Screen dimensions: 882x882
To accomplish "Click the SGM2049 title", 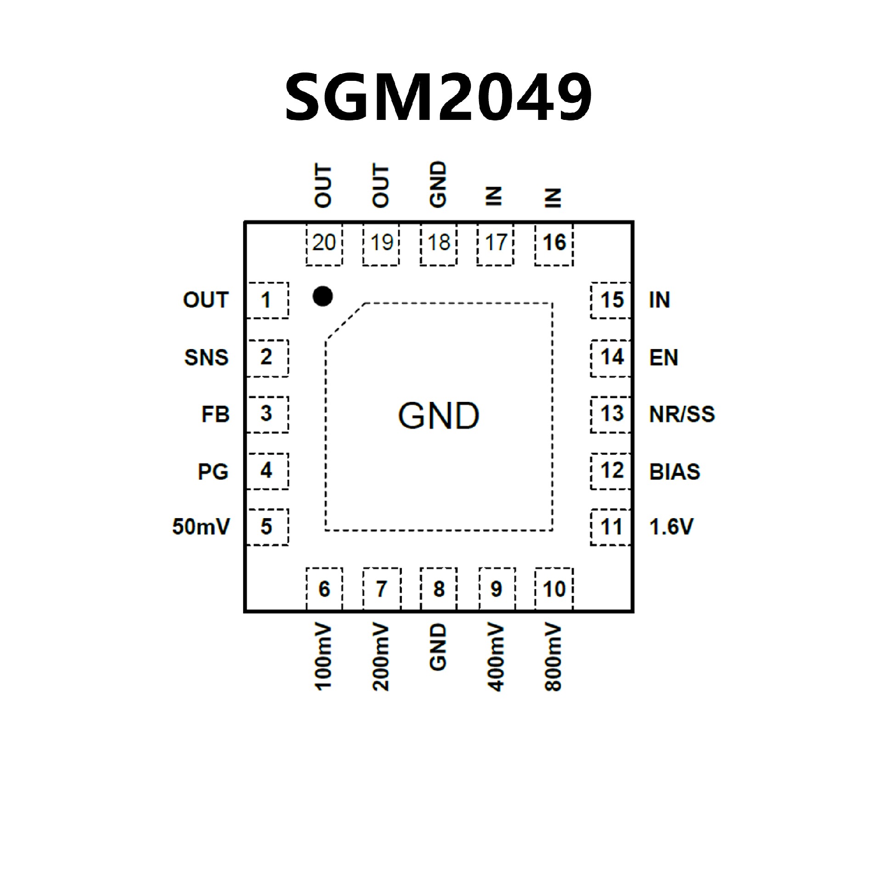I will click(x=439, y=97).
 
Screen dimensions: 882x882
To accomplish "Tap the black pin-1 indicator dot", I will click(x=322, y=296).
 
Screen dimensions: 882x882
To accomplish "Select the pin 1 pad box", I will click(x=267, y=300).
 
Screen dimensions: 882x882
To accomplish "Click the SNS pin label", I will click(x=206, y=357).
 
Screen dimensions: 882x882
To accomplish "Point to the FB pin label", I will click(x=215, y=414).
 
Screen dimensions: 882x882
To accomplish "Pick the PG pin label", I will click(x=213, y=471).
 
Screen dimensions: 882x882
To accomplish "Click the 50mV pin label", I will click(x=201, y=527).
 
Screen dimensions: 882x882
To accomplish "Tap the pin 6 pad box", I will click(x=324, y=589).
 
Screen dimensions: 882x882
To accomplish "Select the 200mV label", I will click(x=381, y=657).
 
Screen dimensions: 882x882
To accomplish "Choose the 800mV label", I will click(x=553, y=657).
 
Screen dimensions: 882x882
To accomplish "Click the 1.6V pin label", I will click(x=671, y=527).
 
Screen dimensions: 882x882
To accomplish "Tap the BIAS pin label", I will click(x=674, y=472).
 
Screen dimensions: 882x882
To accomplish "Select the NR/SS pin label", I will click(x=682, y=414).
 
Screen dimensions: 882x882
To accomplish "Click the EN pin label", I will click(x=663, y=357).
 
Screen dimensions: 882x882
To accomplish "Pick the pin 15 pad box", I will click(x=611, y=300).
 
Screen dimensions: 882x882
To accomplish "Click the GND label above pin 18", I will click(x=438, y=184).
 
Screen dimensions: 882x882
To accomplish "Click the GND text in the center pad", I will click(x=438, y=416).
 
